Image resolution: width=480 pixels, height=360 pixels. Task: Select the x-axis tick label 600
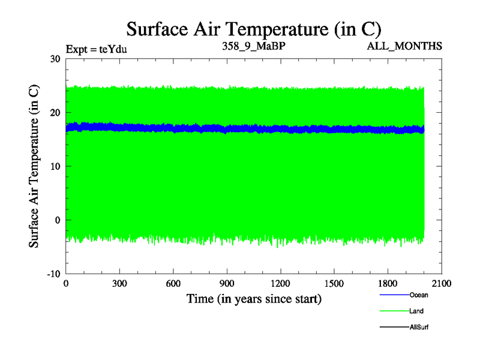pos(173,284)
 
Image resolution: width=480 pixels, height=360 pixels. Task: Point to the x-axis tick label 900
pos(227,284)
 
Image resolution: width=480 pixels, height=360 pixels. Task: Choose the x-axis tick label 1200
pos(280,284)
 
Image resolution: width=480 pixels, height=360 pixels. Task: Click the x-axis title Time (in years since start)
pos(254,298)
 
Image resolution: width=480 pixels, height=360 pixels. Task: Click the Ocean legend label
pos(419,295)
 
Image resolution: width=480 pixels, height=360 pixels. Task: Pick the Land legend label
pos(417,311)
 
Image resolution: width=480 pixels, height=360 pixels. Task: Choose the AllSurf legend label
pos(419,327)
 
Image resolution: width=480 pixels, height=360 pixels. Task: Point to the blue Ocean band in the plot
pos(240,128)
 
